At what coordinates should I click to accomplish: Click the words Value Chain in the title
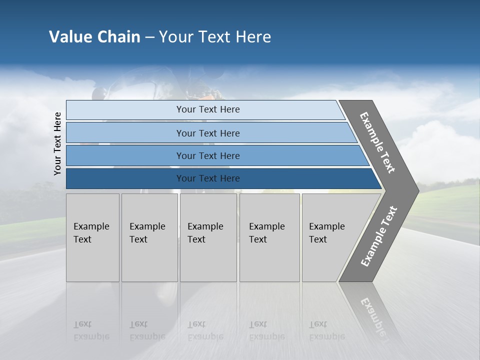click(94, 37)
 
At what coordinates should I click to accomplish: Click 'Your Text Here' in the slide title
click(215, 37)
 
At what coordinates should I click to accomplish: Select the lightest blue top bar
click(125, 110)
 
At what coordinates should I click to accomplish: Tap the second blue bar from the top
click(125, 133)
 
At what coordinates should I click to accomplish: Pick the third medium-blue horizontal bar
click(125, 155)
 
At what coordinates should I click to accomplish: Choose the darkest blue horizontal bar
click(125, 178)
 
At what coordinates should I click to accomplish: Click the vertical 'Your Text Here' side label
click(57, 143)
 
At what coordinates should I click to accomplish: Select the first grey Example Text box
click(92, 237)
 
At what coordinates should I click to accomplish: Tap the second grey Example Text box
click(149, 237)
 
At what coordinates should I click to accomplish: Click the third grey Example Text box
click(208, 237)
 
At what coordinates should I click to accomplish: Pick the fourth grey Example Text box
click(269, 237)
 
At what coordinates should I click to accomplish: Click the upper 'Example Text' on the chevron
click(377, 142)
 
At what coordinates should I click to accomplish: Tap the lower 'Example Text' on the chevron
click(379, 236)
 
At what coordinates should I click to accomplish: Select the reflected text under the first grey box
click(91, 330)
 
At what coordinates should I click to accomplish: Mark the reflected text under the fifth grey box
click(326, 330)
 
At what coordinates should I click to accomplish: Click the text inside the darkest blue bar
click(208, 178)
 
